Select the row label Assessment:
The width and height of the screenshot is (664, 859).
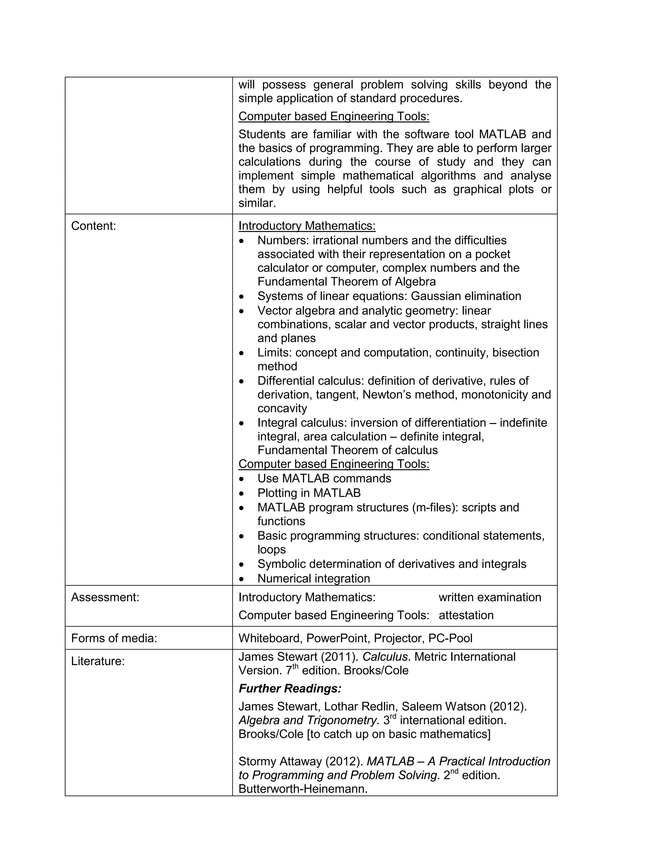[x=105, y=597]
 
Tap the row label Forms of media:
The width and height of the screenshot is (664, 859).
[x=114, y=638]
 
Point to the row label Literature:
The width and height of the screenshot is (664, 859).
[x=98, y=661]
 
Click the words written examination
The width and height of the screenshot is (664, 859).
[x=490, y=597]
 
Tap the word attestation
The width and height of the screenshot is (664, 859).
[x=466, y=615]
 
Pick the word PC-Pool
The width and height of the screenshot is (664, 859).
[x=450, y=638]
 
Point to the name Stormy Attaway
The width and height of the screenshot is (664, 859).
[x=280, y=761]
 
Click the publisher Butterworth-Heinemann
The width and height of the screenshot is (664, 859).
[x=302, y=789]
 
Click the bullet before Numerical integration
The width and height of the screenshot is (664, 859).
[x=242, y=579]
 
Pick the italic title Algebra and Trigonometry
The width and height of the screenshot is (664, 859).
[x=309, y=721]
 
